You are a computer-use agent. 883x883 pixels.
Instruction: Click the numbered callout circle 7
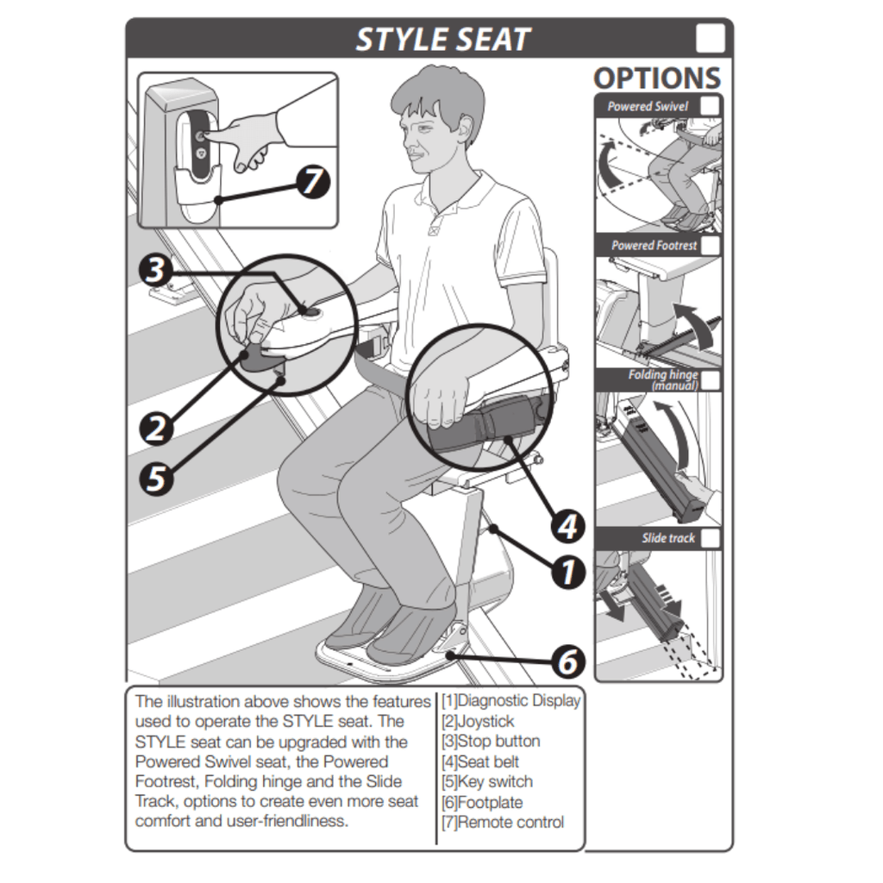click(313, 181)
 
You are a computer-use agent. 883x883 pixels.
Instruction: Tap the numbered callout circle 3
click(155, 270)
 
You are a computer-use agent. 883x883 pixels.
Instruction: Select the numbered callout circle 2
click(156, 429)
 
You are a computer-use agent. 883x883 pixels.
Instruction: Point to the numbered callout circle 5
click(156, 479)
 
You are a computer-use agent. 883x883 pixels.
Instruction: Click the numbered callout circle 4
click(567, 527)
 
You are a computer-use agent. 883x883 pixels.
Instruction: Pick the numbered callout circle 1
click(567, 573)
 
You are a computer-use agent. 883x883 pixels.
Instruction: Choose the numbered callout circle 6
click(567, 661)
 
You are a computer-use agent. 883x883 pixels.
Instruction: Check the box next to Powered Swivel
click(710, 106)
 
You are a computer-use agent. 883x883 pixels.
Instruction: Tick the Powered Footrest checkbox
click(711, 246)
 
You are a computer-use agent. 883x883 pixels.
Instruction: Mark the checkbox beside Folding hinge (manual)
click(711, 380)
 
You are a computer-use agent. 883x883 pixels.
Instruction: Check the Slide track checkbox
click(711, 538)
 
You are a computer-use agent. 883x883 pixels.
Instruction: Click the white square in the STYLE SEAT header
click(711, 38)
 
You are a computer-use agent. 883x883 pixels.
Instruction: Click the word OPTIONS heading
click(657, 78)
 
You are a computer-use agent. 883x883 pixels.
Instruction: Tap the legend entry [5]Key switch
click(487, 781)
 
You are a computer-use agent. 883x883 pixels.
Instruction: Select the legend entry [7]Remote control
click(503, 822)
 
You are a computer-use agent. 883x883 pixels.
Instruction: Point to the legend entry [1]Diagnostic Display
click(510, 700)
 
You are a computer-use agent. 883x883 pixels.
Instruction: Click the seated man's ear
click(465, 129)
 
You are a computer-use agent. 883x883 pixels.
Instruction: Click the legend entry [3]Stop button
click(491, 741)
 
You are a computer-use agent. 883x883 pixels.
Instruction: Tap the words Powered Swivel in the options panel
click(648, 106)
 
